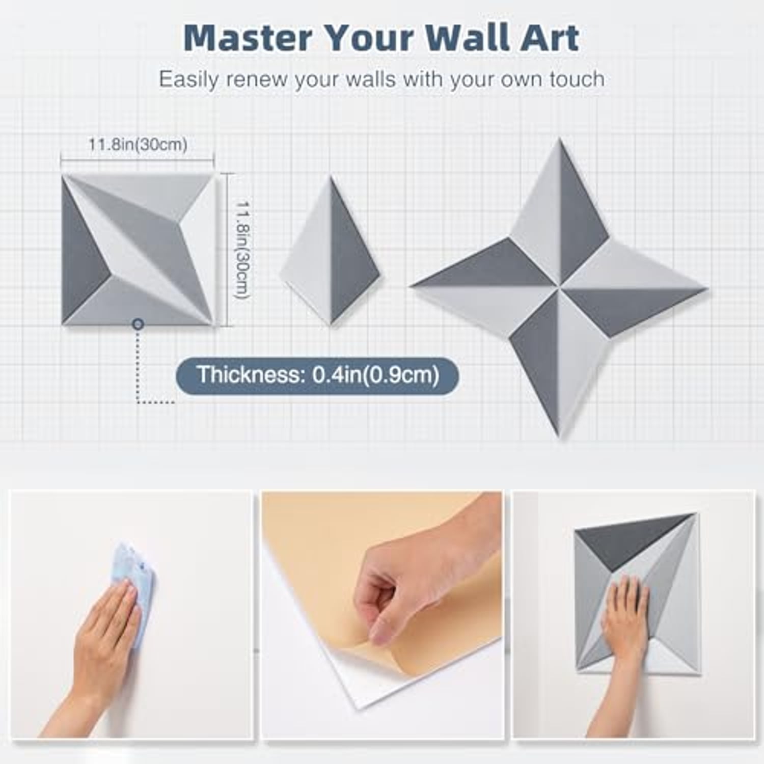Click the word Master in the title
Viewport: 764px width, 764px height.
(248, 37)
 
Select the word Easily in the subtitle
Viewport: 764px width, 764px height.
(188, 80)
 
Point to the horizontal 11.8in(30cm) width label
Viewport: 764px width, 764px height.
(138, 145)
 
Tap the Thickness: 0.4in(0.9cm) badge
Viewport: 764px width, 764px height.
(317, 375)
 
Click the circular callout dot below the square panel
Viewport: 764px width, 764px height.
(138, 324)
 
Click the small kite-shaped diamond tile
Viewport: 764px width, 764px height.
(331, 251)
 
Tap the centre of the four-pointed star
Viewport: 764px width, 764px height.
(561, 288)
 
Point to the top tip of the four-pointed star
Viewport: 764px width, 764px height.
(560, 139)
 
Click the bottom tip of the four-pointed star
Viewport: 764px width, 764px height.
(558, 438)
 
